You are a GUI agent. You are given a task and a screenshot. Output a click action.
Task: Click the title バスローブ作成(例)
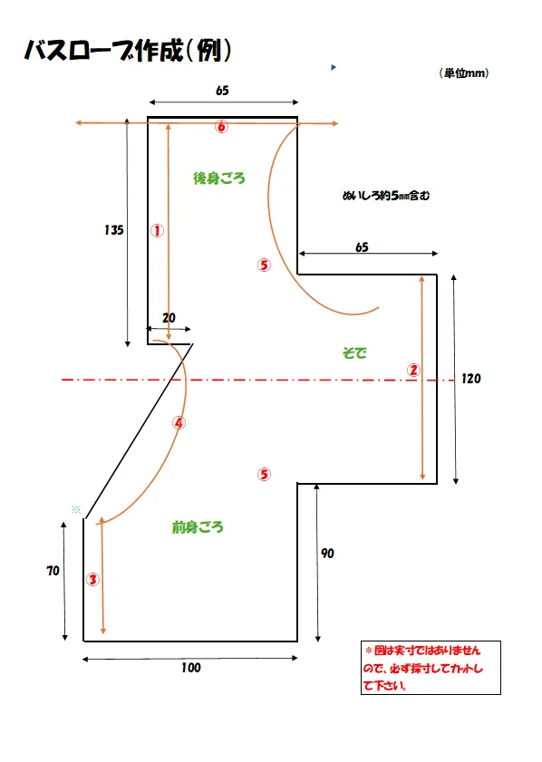(128, 50)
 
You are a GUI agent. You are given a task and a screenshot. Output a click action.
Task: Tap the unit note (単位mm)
(464, 72)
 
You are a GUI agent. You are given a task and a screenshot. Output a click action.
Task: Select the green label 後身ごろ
(219, 178)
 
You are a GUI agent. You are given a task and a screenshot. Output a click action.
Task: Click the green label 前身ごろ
(198, 526)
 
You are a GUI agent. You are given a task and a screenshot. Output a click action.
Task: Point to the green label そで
(354, 352)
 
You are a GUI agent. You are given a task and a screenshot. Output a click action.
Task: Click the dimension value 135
(114, 230)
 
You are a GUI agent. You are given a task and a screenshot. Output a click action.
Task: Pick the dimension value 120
(471, 379)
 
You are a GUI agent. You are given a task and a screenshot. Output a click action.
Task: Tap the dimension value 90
(327, 553)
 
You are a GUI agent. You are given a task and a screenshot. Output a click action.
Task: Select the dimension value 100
(191, 668)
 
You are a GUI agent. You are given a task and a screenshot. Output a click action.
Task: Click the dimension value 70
(53, 571)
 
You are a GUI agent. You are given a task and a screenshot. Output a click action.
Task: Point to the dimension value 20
(169, 318)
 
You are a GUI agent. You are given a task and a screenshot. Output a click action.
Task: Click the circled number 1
(157, 230)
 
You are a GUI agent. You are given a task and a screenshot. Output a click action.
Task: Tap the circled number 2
(413, 370)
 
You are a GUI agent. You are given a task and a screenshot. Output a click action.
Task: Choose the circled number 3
(92, 579)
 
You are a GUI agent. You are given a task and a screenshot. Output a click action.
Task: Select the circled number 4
(179, 423)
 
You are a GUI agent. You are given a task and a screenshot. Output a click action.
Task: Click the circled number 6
(222, 127)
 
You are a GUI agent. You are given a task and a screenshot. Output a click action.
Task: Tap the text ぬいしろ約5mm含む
(386, 196)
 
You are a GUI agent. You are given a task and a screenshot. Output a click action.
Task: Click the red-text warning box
(431, 668)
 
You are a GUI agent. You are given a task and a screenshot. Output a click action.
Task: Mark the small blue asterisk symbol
(76, 509)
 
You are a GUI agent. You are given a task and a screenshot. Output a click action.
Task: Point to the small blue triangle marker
(334, 67)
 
